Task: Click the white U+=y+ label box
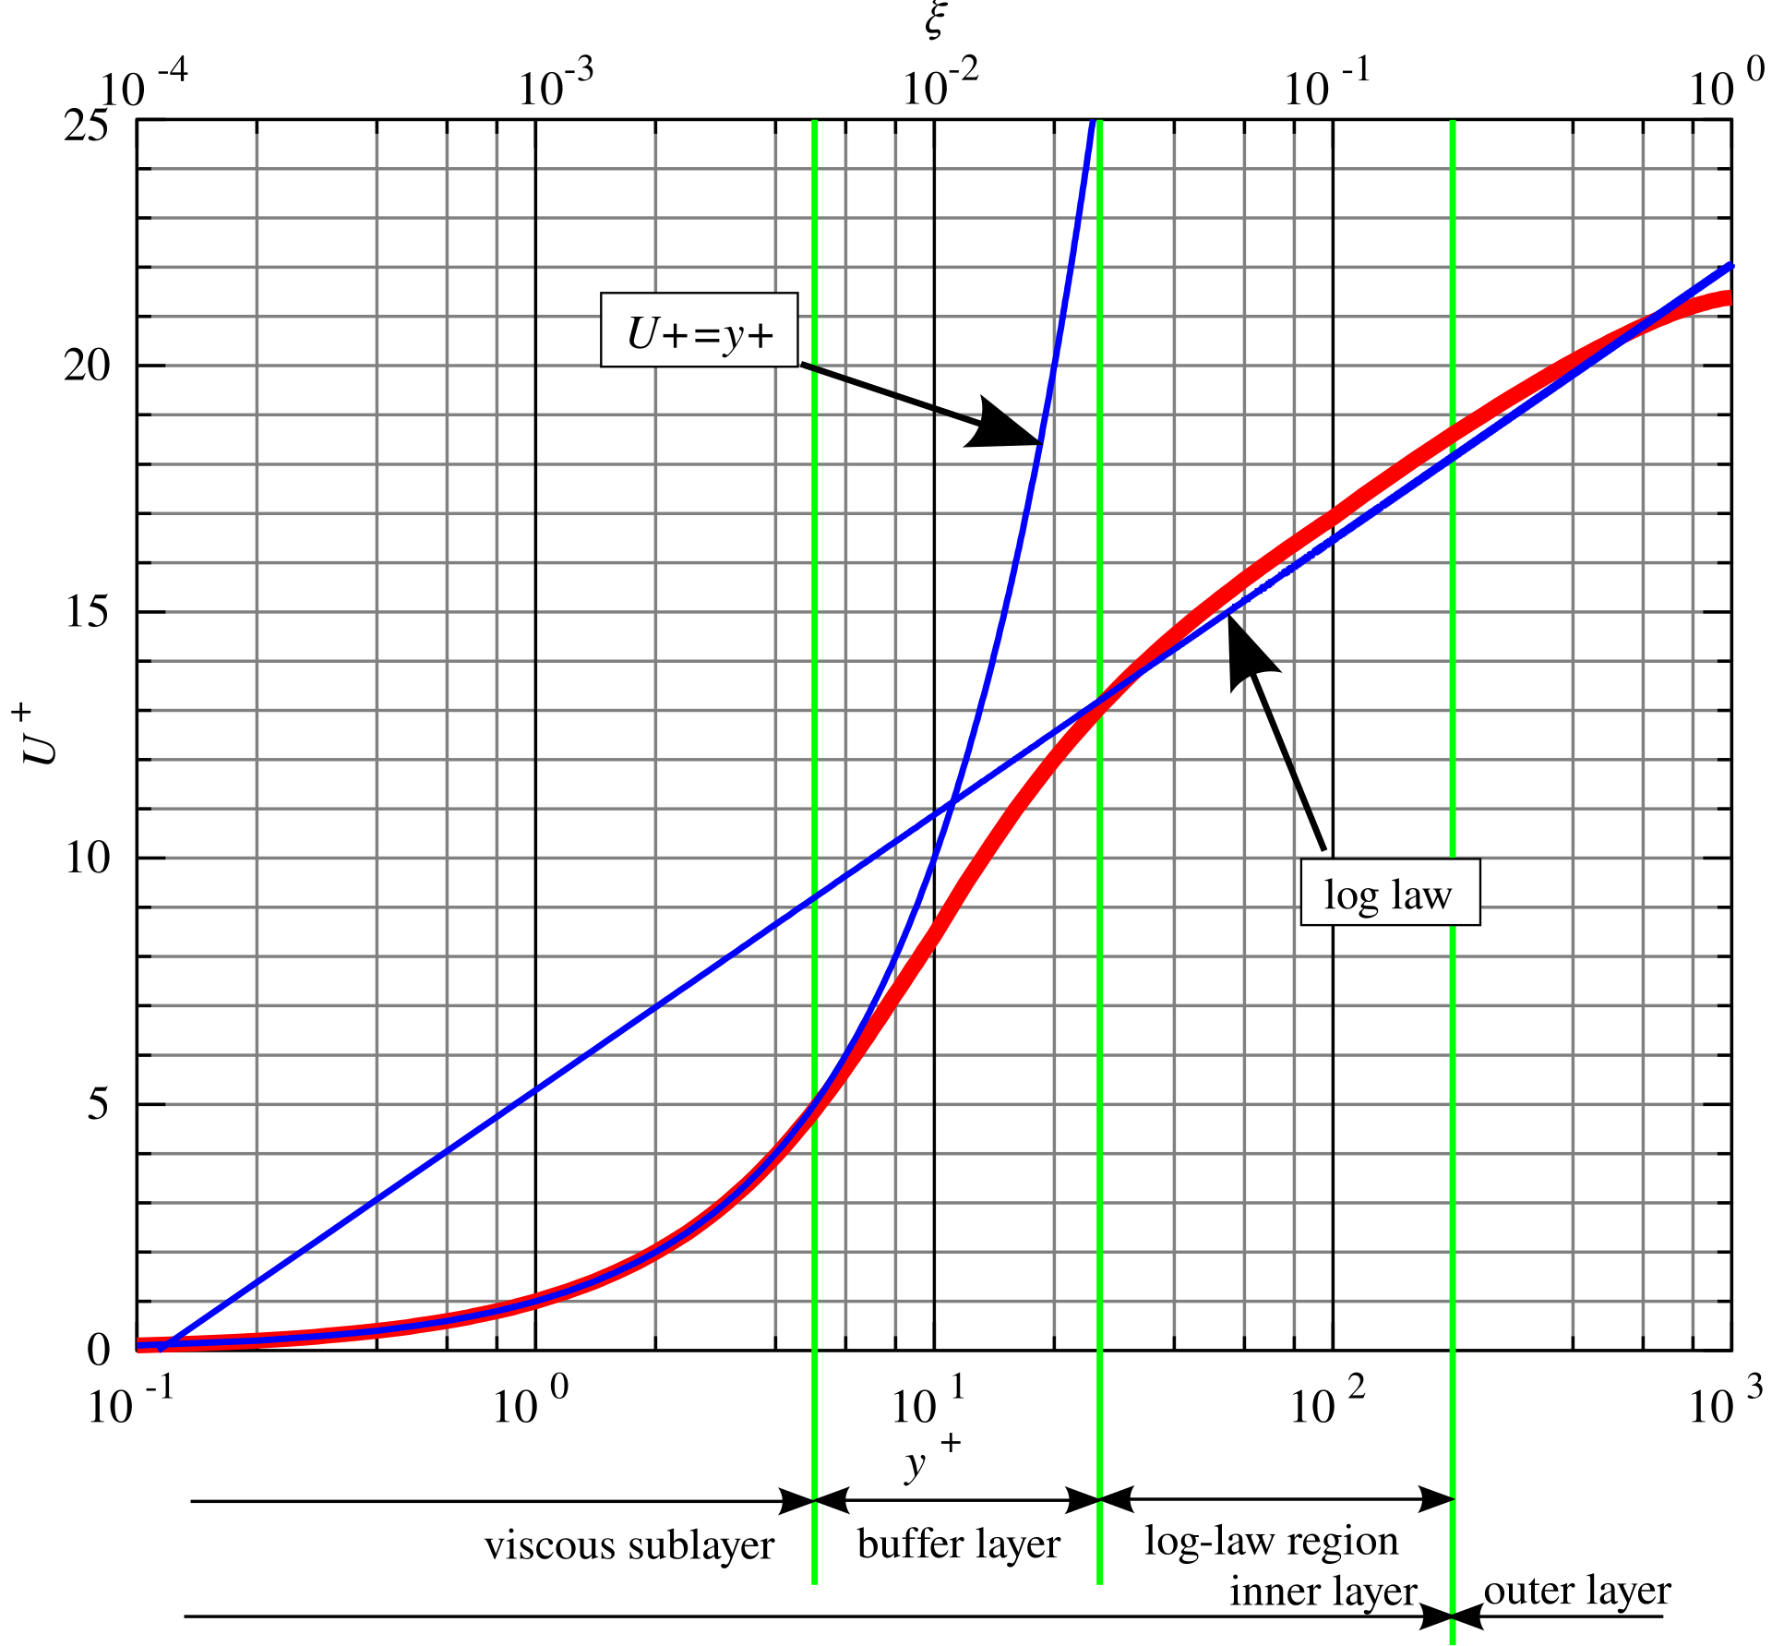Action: click(699, 330)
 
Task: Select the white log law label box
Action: click(1390, 892)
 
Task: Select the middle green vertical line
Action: click(1100, 462)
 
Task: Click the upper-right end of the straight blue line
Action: click(1730, 267)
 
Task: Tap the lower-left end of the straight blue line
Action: click(162, 1349)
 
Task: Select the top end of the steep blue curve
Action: click(1094, 123)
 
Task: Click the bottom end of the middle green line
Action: click(1099, 1582)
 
